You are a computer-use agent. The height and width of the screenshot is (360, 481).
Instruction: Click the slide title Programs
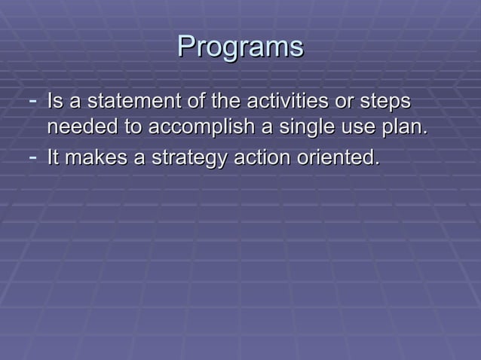pyautogui.click(x=240, y=47)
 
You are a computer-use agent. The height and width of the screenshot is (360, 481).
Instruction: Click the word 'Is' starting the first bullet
pyautogui.click(x=54, y=101)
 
